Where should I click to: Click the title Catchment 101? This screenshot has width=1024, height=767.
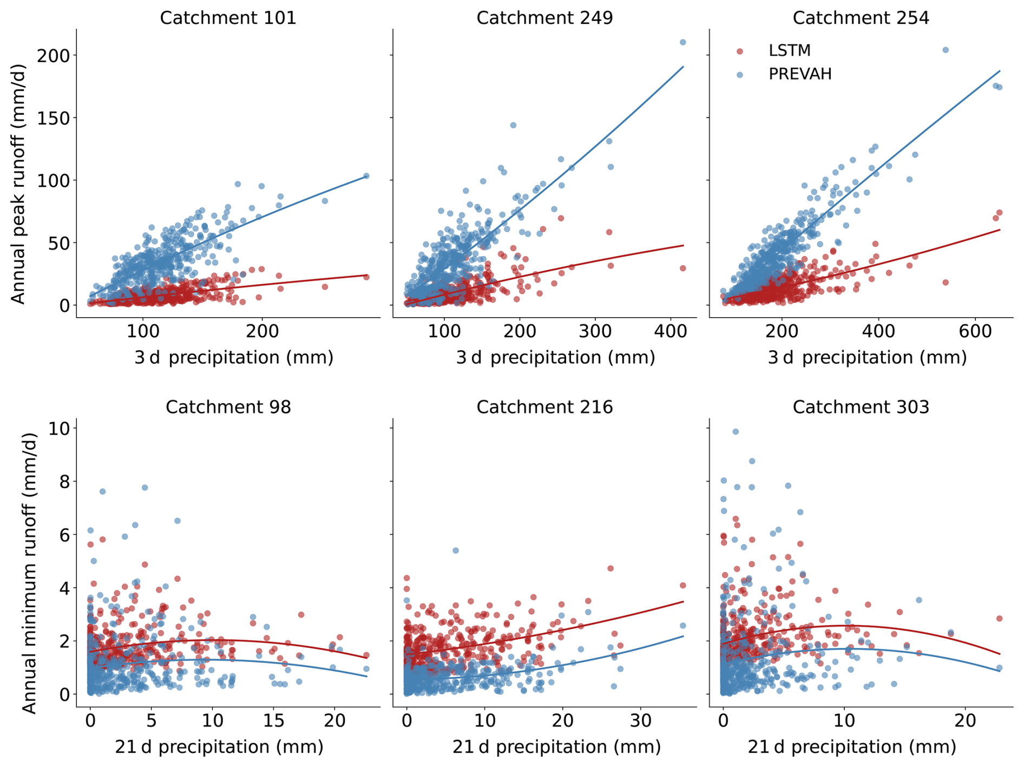228,18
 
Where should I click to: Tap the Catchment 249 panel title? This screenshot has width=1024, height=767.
544,18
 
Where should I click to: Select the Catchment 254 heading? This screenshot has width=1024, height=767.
861,18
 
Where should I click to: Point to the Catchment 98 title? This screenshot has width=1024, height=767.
228,407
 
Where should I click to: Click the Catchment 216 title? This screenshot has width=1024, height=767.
544,407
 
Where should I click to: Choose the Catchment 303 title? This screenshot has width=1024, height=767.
861,407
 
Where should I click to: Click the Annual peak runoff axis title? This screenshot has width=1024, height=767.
18,184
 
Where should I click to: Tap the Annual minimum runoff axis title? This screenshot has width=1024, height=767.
29,573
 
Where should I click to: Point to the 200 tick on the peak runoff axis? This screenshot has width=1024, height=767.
54,56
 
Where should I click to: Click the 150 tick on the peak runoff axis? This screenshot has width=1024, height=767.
54,118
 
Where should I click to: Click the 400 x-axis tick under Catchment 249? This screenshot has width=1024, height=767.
671,331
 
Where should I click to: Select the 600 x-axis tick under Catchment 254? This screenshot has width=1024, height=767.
975,331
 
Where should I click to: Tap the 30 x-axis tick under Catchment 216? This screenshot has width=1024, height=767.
641,720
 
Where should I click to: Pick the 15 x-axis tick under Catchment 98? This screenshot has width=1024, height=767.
274,720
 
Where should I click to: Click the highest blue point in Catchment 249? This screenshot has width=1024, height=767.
682,42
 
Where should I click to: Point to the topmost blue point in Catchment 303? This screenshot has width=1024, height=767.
736,431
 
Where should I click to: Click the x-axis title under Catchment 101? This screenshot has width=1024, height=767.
234,358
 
